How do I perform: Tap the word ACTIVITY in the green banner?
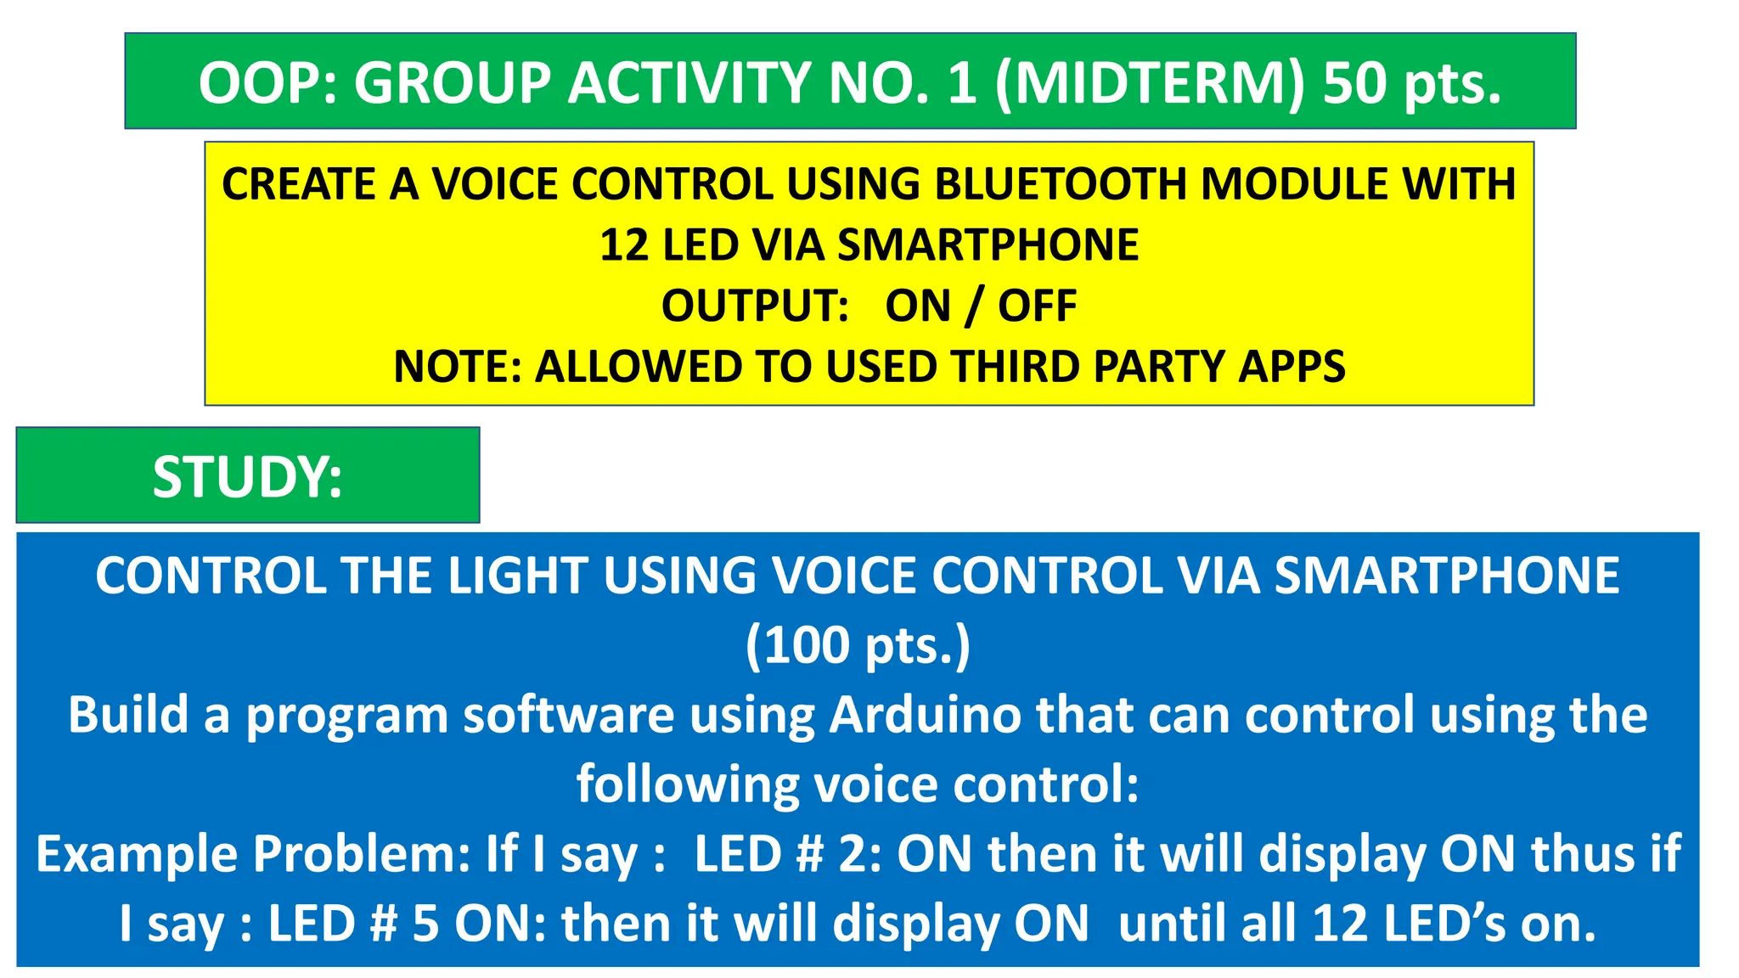point(689,83)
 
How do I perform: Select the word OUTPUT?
point(755,306)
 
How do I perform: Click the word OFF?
point(1037,306)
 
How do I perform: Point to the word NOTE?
point(457,367)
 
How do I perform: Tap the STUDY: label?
point(247,477)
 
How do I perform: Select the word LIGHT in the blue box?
point(517,576)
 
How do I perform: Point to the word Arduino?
point(925,715)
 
